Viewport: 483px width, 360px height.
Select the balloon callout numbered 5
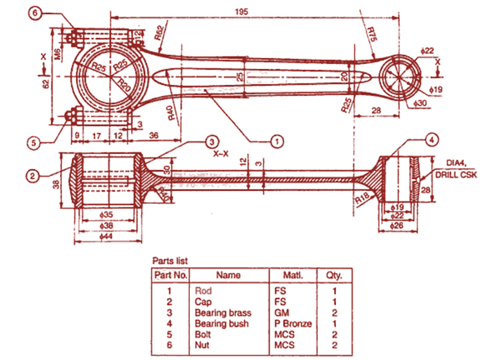coord(32,143)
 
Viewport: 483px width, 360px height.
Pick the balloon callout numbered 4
coord(431,141)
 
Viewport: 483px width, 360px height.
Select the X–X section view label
coord(221,154)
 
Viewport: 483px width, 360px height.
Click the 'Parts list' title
coord(170,261)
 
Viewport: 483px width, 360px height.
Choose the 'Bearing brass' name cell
coord(222,313)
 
